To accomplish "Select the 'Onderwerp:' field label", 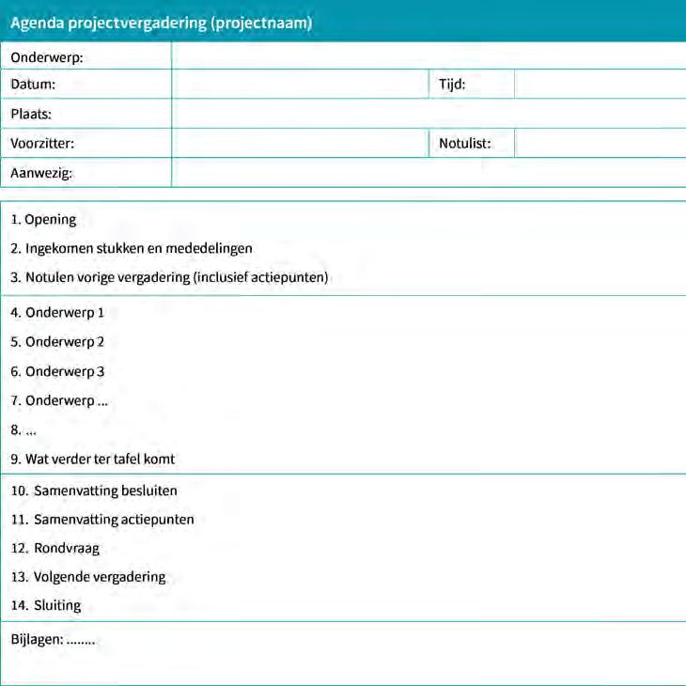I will tap(47, 58).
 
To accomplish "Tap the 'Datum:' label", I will tap(33, 85).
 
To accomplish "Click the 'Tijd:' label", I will tap(452, 85).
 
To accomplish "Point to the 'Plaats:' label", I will tap(31, 115).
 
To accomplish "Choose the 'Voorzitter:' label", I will tap(42, 145).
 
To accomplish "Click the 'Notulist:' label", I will tap(464, 145).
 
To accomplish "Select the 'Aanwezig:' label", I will tap(41, 173).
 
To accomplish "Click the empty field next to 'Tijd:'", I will tap(600, 85).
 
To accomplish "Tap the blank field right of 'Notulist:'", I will tap(600, 144).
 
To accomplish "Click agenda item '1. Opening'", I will tap(44, 220).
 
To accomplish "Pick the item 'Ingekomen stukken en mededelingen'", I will tap(138, 249).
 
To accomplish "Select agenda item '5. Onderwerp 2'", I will tap(57, 342).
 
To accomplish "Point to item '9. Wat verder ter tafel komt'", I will tap(93, 460).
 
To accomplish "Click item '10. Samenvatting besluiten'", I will tap(94, 491).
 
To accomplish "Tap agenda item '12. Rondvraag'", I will tap(55, 548).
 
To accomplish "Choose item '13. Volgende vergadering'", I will tap(88, 577).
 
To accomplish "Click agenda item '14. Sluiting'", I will tap(46, 606).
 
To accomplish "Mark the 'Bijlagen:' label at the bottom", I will tap(37, 640).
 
